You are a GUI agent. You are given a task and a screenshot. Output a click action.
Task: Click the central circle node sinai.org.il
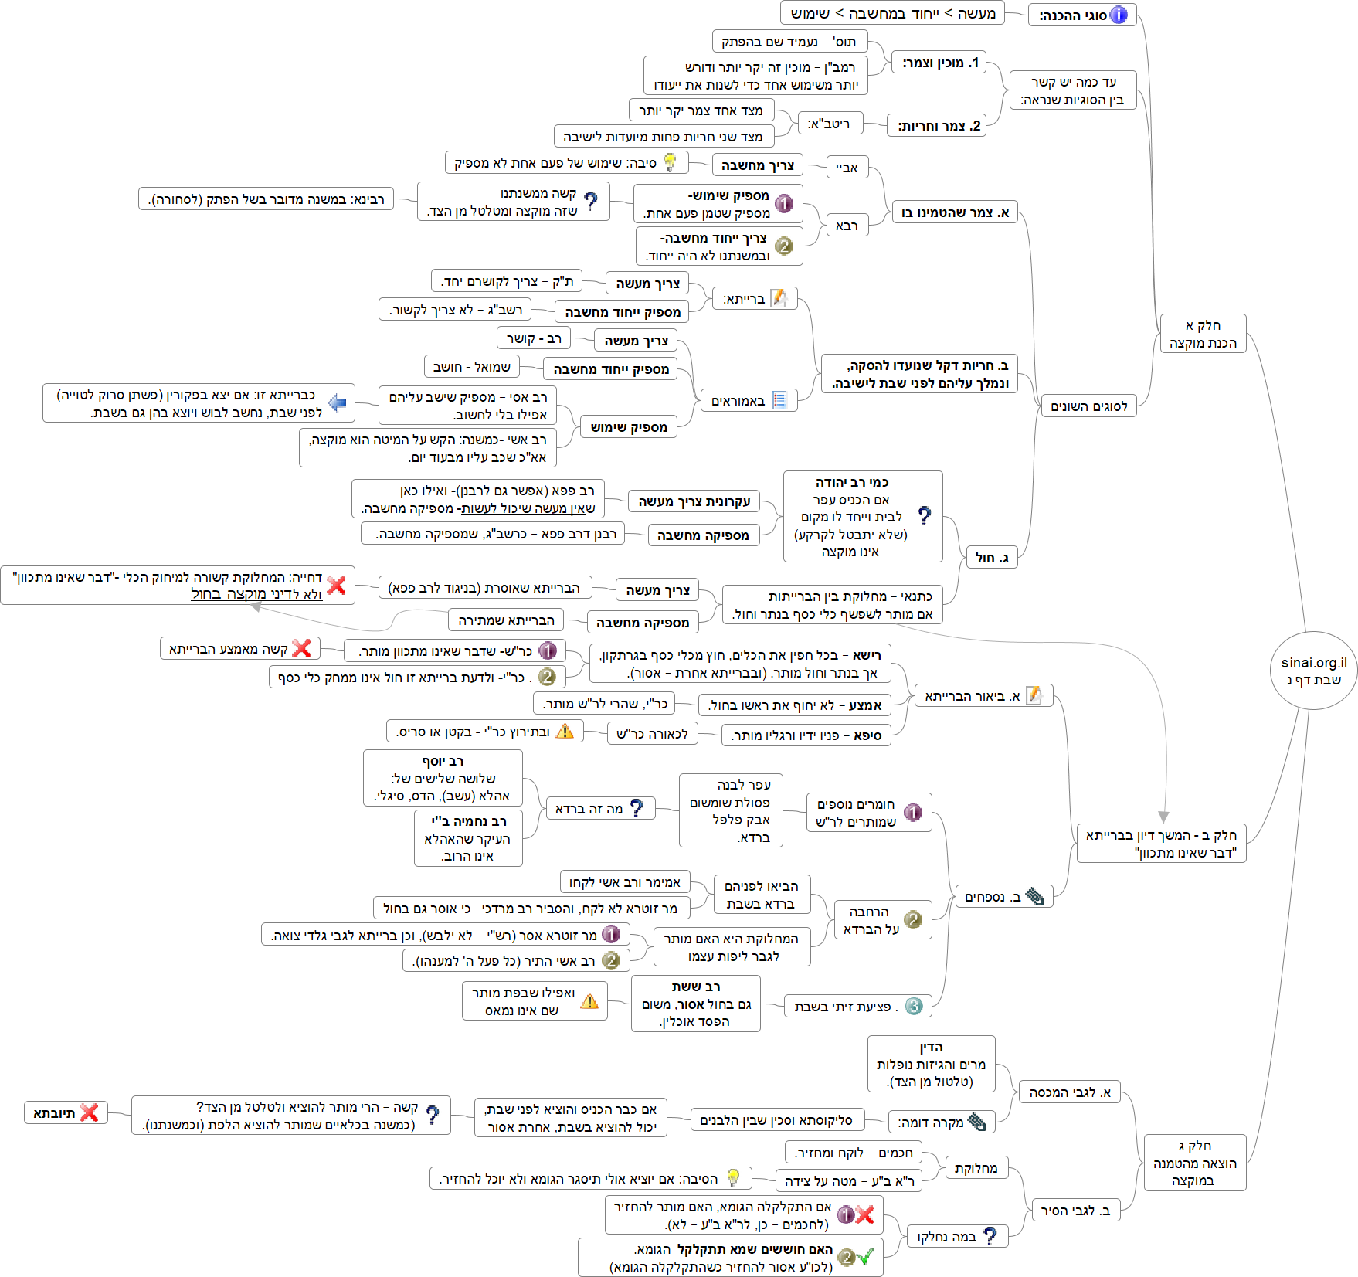click(x=1313, y=670)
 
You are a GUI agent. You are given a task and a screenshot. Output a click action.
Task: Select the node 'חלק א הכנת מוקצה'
click(x=1203, y=334)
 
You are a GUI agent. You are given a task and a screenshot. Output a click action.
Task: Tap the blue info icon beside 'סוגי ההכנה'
click(x=1119, y=15)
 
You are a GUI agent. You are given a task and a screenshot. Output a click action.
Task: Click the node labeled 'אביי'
click(x=847, y=167)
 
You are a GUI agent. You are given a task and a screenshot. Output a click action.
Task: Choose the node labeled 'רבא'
click(x=847, y=226)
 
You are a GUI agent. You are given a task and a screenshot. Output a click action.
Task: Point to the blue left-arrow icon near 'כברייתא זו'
click(x=337, y=402)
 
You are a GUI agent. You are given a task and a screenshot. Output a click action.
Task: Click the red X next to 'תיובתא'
click(x=90, y=1112)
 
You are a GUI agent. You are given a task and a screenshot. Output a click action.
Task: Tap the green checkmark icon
click(x=866, y=1255)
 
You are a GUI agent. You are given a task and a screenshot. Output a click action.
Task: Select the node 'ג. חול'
click(x=992, y=557)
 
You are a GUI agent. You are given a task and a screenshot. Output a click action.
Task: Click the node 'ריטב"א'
click(x=828, y=124)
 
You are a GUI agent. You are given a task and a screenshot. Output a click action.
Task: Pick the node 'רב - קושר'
click(x=533, y=338)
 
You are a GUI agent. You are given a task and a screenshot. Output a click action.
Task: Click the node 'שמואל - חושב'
click(x=471, y=367)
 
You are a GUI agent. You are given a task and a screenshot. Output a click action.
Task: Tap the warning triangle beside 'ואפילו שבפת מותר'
click(x=589, y=1001)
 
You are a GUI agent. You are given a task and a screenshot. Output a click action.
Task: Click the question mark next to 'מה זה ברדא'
click(x=637, y=808)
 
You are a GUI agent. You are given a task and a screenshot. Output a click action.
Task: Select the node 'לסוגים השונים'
click(x=1088, y=406)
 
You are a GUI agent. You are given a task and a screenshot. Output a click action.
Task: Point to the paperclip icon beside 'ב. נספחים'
click(x=1035, y=896)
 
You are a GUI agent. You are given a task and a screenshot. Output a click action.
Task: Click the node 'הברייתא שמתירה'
click(x=506, y=620)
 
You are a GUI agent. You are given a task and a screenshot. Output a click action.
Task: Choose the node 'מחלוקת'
click(x=976, y=1168)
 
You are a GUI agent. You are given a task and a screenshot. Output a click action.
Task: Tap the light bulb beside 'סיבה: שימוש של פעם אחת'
click(x=670, y=162)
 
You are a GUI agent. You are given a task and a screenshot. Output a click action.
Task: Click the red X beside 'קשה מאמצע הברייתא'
click(x=302, y=648)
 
